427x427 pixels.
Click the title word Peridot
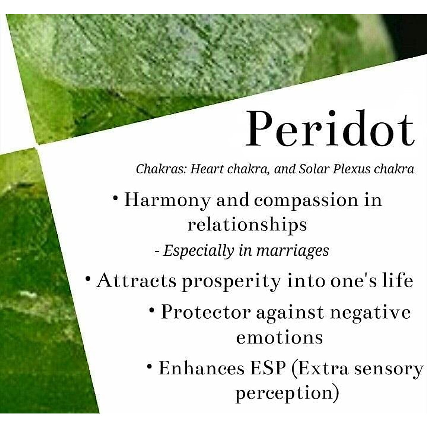(330, 128)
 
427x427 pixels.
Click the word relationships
(247, 225)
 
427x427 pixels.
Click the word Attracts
(136, 281)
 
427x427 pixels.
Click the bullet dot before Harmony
(115, 197)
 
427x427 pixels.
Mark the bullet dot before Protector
(152, 310)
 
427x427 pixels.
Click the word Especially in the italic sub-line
(198, 251)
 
